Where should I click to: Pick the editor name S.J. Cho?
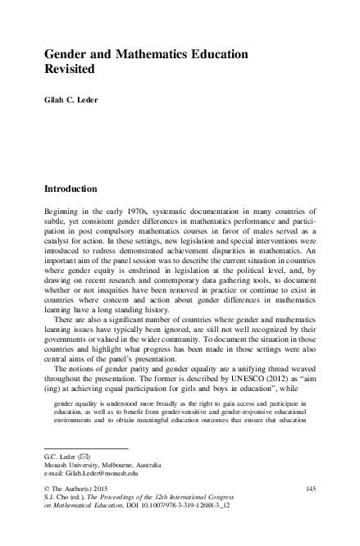point(56,498)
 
